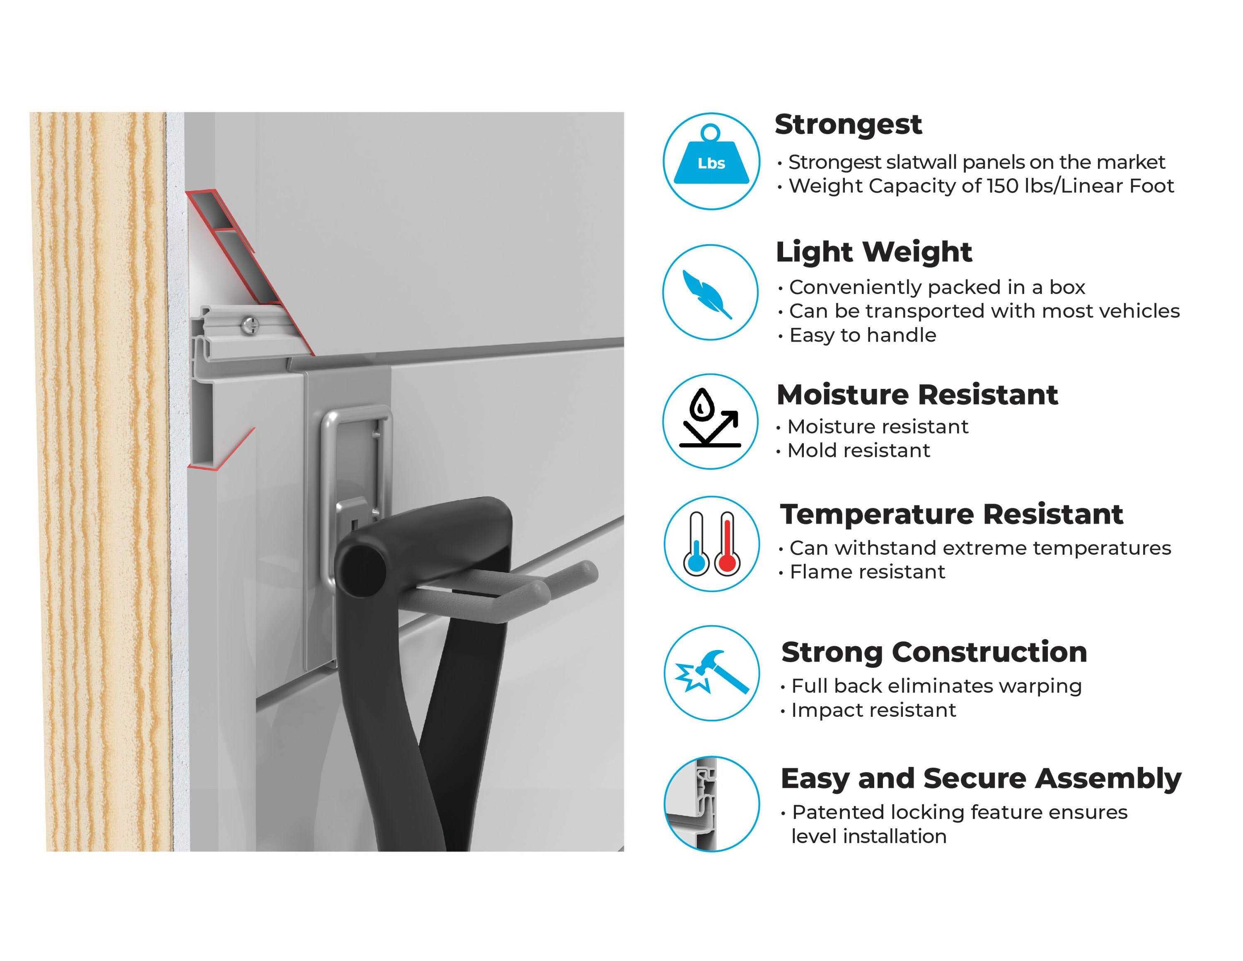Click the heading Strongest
(x=848, y=125)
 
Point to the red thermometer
(x=727, y=543)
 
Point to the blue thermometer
(x=696, y=543)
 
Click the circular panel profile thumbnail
(x=711, y=804)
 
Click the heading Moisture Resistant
(x=917, y=395)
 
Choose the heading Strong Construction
(x=934, y=653)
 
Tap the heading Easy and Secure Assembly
(x=981, y=779)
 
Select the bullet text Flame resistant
(x=867, y=572)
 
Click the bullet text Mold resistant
(x=858, y=450)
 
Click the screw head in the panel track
(x=250, y=325)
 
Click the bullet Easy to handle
(x=863, y=335)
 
